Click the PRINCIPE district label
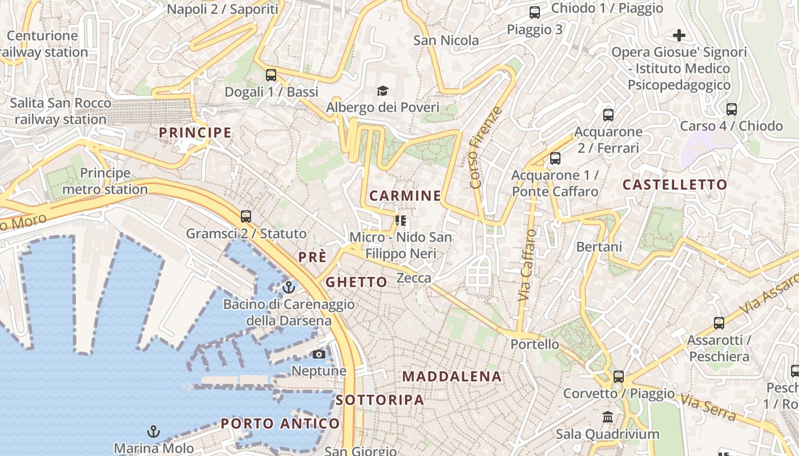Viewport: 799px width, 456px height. coord(195,133)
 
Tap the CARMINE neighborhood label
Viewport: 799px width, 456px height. coord(405,196)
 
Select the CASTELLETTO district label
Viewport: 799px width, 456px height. coord(675,185)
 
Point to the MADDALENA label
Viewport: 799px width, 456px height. coord(452,376)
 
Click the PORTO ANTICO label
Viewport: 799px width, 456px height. coord(280,424)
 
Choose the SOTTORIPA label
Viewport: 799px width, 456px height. coord(380,400)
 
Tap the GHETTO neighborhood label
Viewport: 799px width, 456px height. coord(356,282)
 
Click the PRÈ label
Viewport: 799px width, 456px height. coord(312,257)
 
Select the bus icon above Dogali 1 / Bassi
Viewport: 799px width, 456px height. coord(271,75)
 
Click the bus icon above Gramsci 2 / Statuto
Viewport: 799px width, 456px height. coord(246,217)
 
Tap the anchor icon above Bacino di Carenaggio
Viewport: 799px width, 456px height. coord(289,287)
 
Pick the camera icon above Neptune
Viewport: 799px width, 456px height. coord(319,355)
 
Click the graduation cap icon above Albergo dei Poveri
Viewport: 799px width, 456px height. coord(382,91)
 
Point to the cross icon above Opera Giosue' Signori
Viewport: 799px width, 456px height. coord(679,36)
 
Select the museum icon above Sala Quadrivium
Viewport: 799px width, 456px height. coord(608,417)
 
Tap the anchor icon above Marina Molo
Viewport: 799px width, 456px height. coord(153,431)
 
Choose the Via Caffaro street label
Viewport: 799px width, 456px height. coord(527,266)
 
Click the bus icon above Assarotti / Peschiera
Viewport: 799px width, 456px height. coord(719,323)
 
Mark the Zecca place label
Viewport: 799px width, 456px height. coord(414,278)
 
